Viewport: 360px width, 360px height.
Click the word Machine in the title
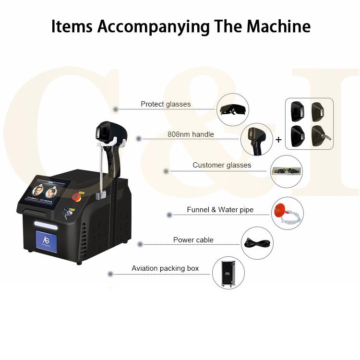[x=278, y=26]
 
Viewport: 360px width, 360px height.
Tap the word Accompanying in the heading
[x=153, y=27]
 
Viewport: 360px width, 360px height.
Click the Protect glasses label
[x=166, y=104]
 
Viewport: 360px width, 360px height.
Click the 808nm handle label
[x=191, y=134]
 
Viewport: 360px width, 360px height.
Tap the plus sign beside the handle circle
[x=278, y=140]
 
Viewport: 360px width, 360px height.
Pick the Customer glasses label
[x=222, y=165]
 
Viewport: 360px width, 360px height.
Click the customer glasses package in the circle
[x=286, y=171]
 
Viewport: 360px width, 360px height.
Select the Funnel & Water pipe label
[x=220, y=210]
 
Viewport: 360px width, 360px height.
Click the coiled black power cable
[x=257, y=243]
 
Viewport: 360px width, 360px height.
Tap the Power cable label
[x=193, y=240]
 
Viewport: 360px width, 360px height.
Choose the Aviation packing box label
[x=165, y=268]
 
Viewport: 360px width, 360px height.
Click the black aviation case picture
[x=228, y=274]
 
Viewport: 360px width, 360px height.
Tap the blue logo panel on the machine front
[x=46, y=241]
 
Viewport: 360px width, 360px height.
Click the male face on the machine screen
[x=38, y=191]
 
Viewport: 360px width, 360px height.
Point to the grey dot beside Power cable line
[x=140, y=244]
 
